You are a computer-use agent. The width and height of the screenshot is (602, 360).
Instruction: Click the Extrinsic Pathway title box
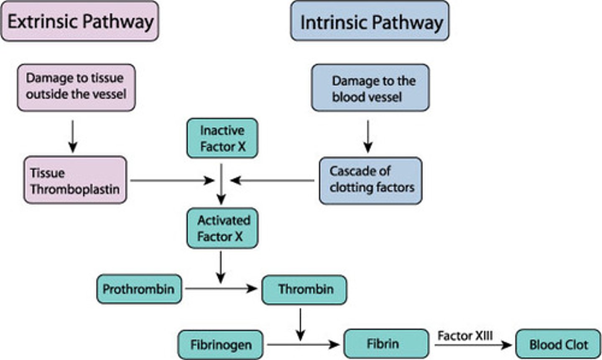80,21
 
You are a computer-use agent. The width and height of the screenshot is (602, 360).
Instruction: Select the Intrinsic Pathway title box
370,21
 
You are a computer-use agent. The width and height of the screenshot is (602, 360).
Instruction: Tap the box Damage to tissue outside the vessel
76,87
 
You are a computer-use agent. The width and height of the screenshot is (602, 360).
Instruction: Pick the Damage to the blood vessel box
370,88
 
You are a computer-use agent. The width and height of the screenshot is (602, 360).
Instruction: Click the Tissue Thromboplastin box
75,180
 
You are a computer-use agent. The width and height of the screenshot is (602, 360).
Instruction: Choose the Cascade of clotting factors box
370,180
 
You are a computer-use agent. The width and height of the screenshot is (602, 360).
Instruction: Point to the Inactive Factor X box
222,138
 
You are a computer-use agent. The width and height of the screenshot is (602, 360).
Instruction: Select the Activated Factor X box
222,228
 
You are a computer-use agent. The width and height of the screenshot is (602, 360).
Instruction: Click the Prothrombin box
139,289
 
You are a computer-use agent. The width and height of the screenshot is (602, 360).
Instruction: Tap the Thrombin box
304,289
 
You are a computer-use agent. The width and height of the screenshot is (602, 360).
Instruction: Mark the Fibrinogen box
220,345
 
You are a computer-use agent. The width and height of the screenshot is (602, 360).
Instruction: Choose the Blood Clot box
558,345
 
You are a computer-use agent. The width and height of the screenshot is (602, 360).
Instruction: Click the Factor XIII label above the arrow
465,335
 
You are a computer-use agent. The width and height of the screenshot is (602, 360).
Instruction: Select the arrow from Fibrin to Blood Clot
472,345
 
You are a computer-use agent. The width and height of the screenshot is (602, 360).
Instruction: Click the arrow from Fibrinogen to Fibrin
303,345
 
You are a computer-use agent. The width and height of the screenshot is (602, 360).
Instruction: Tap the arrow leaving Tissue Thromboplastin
171,181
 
